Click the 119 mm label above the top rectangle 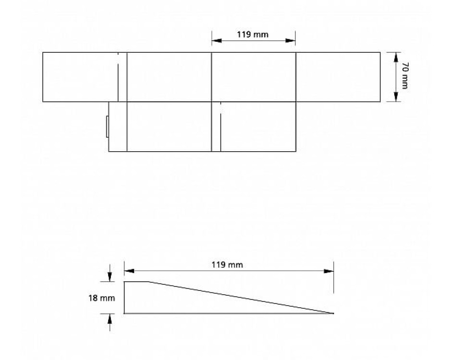click(x=253, y=35)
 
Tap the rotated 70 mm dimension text click(x=405, y=76)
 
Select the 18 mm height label click(x=102, y=298)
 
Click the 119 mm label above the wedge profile click(x=227, y=265)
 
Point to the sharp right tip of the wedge click(x=334, y=313)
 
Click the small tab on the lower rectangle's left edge click(x=107, y=127)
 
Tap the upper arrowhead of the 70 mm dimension click(x=396, y=57)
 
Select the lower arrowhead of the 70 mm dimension click(x=396, y=96)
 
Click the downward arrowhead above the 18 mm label click(x=109, y=276)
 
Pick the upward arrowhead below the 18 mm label click(x=109, y=318)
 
